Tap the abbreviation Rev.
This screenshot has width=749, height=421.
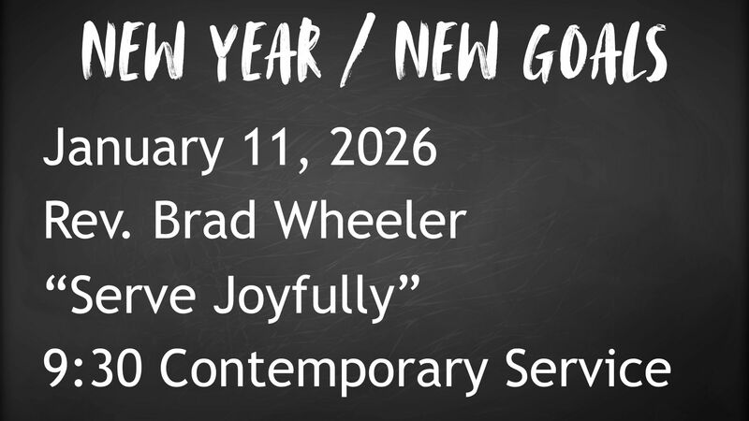(x=84, y=225)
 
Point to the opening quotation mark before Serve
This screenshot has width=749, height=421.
(x=54, y=283)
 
